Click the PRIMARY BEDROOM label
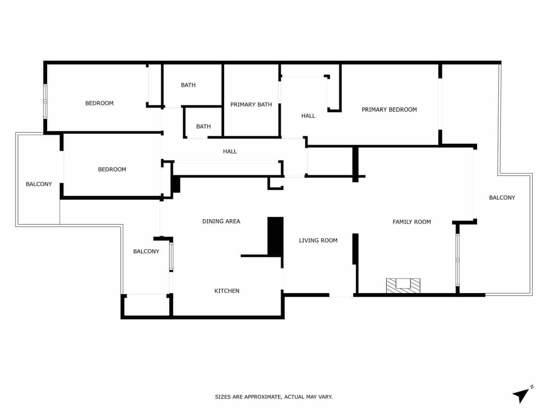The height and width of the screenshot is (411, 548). [x=389, y=110]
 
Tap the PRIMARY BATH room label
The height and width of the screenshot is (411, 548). [x=251, y=104]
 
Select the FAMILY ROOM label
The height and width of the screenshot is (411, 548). [x=412, y=222]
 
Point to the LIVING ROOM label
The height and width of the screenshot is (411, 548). [x=318, y=240]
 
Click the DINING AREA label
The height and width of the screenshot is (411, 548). [x=221, y=221]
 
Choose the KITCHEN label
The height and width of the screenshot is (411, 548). [x=227, y=291]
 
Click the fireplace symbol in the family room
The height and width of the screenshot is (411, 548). [x=403, y=286]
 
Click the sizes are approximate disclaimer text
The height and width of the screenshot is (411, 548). [x=274, y=397]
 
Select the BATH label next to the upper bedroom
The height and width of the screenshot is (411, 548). [x=188, y=85]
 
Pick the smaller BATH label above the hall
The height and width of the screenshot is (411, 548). [x=203, y=126]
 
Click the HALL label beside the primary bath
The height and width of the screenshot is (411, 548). [x=308, y=116]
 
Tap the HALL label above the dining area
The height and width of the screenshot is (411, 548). [x=230, y=151]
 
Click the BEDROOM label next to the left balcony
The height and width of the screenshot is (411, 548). [x=112, y=169]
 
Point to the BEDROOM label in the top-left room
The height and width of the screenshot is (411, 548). [x=99, y=103]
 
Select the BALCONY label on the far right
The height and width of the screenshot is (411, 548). [x=502, y=198]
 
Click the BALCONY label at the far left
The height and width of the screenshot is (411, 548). [x=39, y=184]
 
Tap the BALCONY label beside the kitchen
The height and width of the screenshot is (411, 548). [x=146, y=251]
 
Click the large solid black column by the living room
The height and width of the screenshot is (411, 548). [x=275, y=236]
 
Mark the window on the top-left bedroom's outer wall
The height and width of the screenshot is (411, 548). [x=45, y=102]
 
